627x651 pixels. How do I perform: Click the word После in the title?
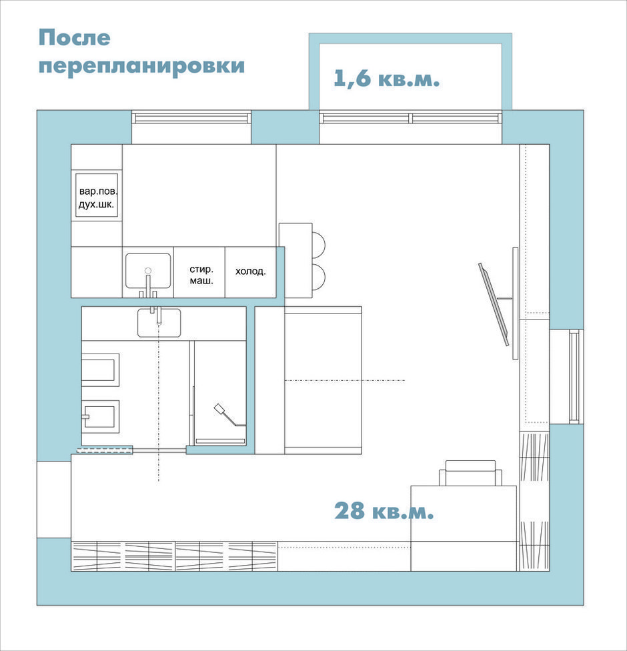[x=74, y=38]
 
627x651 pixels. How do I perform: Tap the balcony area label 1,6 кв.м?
[x=387, y=78]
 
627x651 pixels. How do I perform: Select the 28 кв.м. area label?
[x=384, y=511]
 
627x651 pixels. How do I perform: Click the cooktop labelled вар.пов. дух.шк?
[x=97, y=195]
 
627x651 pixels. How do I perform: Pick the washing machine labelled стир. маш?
[x=199, y=272]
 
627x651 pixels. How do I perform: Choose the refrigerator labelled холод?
[x=251, y=272]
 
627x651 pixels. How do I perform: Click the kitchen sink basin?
[x=148, y=271]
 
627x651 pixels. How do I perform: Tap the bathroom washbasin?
[x=159, y=323]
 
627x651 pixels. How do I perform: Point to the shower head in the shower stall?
[x=219, y=409]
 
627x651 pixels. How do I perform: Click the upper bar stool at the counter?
[x=318, y=244]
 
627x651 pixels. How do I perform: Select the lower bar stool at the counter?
[x=318, y=276]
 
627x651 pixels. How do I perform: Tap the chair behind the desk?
[x=470, y=473]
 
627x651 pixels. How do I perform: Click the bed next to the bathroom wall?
[x=308, y=380]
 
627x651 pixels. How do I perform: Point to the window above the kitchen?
[x=191, y=117]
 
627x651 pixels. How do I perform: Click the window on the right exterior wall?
[x=574, y=377]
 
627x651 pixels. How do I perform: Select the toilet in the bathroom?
[x=100, y=417]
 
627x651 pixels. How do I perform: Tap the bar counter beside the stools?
[x=295, y=260]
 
